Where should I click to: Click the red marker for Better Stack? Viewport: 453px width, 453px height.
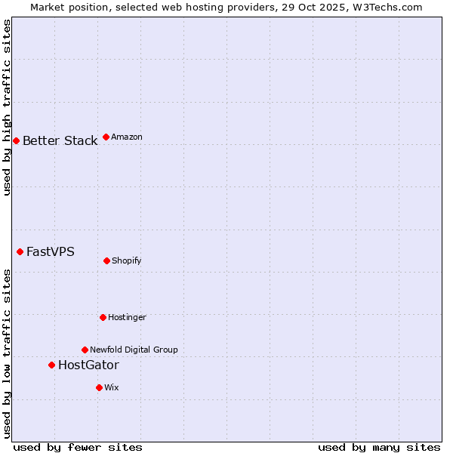pyautogui.click(x=16, y=140)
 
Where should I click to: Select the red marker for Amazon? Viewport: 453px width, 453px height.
pyautogui.click(x=106, y=137)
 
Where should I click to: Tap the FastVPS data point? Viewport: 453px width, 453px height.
pyautogui.click(x=20, y=251)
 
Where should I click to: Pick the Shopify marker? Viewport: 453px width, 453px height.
pyautogui.click(x=106, y=260)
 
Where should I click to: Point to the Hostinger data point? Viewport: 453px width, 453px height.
pyautogui.click(x=103, y=317)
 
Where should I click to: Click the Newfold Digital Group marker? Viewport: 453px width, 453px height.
pyautogui.click(x=85, y=350)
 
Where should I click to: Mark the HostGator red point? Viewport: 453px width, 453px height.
pyautogui.click(x=51, y=365)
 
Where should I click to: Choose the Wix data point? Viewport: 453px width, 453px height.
pyautogui.click(x=99, y=387)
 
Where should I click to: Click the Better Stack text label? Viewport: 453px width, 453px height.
pyautogui.click(x=60, y=141)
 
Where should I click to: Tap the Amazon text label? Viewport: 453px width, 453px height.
pyautogui.click(x=127, y=137)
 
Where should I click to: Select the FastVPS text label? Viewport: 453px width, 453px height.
pyautogui.click(x=51, y=252)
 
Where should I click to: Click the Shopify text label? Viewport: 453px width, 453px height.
pyautogui.click(x=127, y=261)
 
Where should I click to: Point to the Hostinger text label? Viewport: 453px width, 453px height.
pyautogui.click(x=127, y=318)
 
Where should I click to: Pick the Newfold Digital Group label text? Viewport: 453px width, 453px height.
pyautogui.click(x=134, y=350)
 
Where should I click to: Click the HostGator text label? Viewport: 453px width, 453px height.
pyautogui.click(x=88, y=365)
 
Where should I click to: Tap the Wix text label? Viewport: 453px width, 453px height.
pyautogui.click(x=112, y=388)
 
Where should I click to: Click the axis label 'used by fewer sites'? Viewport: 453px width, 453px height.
pyautogui.click(x=78, y=447)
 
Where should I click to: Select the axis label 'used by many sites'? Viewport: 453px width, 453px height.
pyautogui.click(x=379, y=447)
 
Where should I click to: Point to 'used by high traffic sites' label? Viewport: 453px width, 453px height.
pyautogui.click(x=8, y=107)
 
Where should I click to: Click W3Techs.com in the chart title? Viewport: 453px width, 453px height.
pyautogui.click(x=384, y=7)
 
